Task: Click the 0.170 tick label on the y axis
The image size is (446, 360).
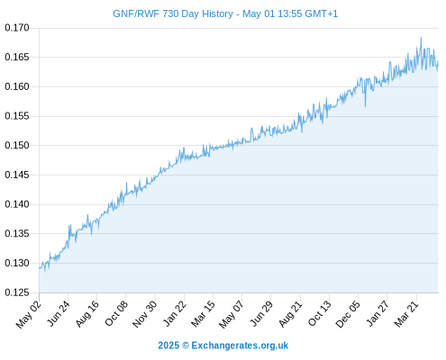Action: point(17,28)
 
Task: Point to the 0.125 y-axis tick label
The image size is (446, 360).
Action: point(17,292)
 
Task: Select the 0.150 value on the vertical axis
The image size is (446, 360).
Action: point(17,146)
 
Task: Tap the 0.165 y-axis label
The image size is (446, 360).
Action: point(17,57)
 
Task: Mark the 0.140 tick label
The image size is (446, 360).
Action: point(17,204)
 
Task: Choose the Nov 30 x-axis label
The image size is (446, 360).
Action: point(145,314)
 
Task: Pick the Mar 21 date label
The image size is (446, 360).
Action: point(406,314)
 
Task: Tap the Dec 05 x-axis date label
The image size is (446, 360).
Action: point(348,314)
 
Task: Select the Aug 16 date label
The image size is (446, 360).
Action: point(87,314)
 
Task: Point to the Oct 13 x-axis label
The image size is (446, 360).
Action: point(320,314)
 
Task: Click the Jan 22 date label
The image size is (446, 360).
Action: point(175,314)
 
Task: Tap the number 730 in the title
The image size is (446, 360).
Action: point(170,13)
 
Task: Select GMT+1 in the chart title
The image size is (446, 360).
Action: point(322,13)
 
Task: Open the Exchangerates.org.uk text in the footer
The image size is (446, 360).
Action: point(240,346)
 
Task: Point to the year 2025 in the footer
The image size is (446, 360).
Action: point(168,346)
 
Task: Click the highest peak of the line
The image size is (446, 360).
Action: point(421,38)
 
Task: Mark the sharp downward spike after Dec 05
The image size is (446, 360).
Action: point(365,106)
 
